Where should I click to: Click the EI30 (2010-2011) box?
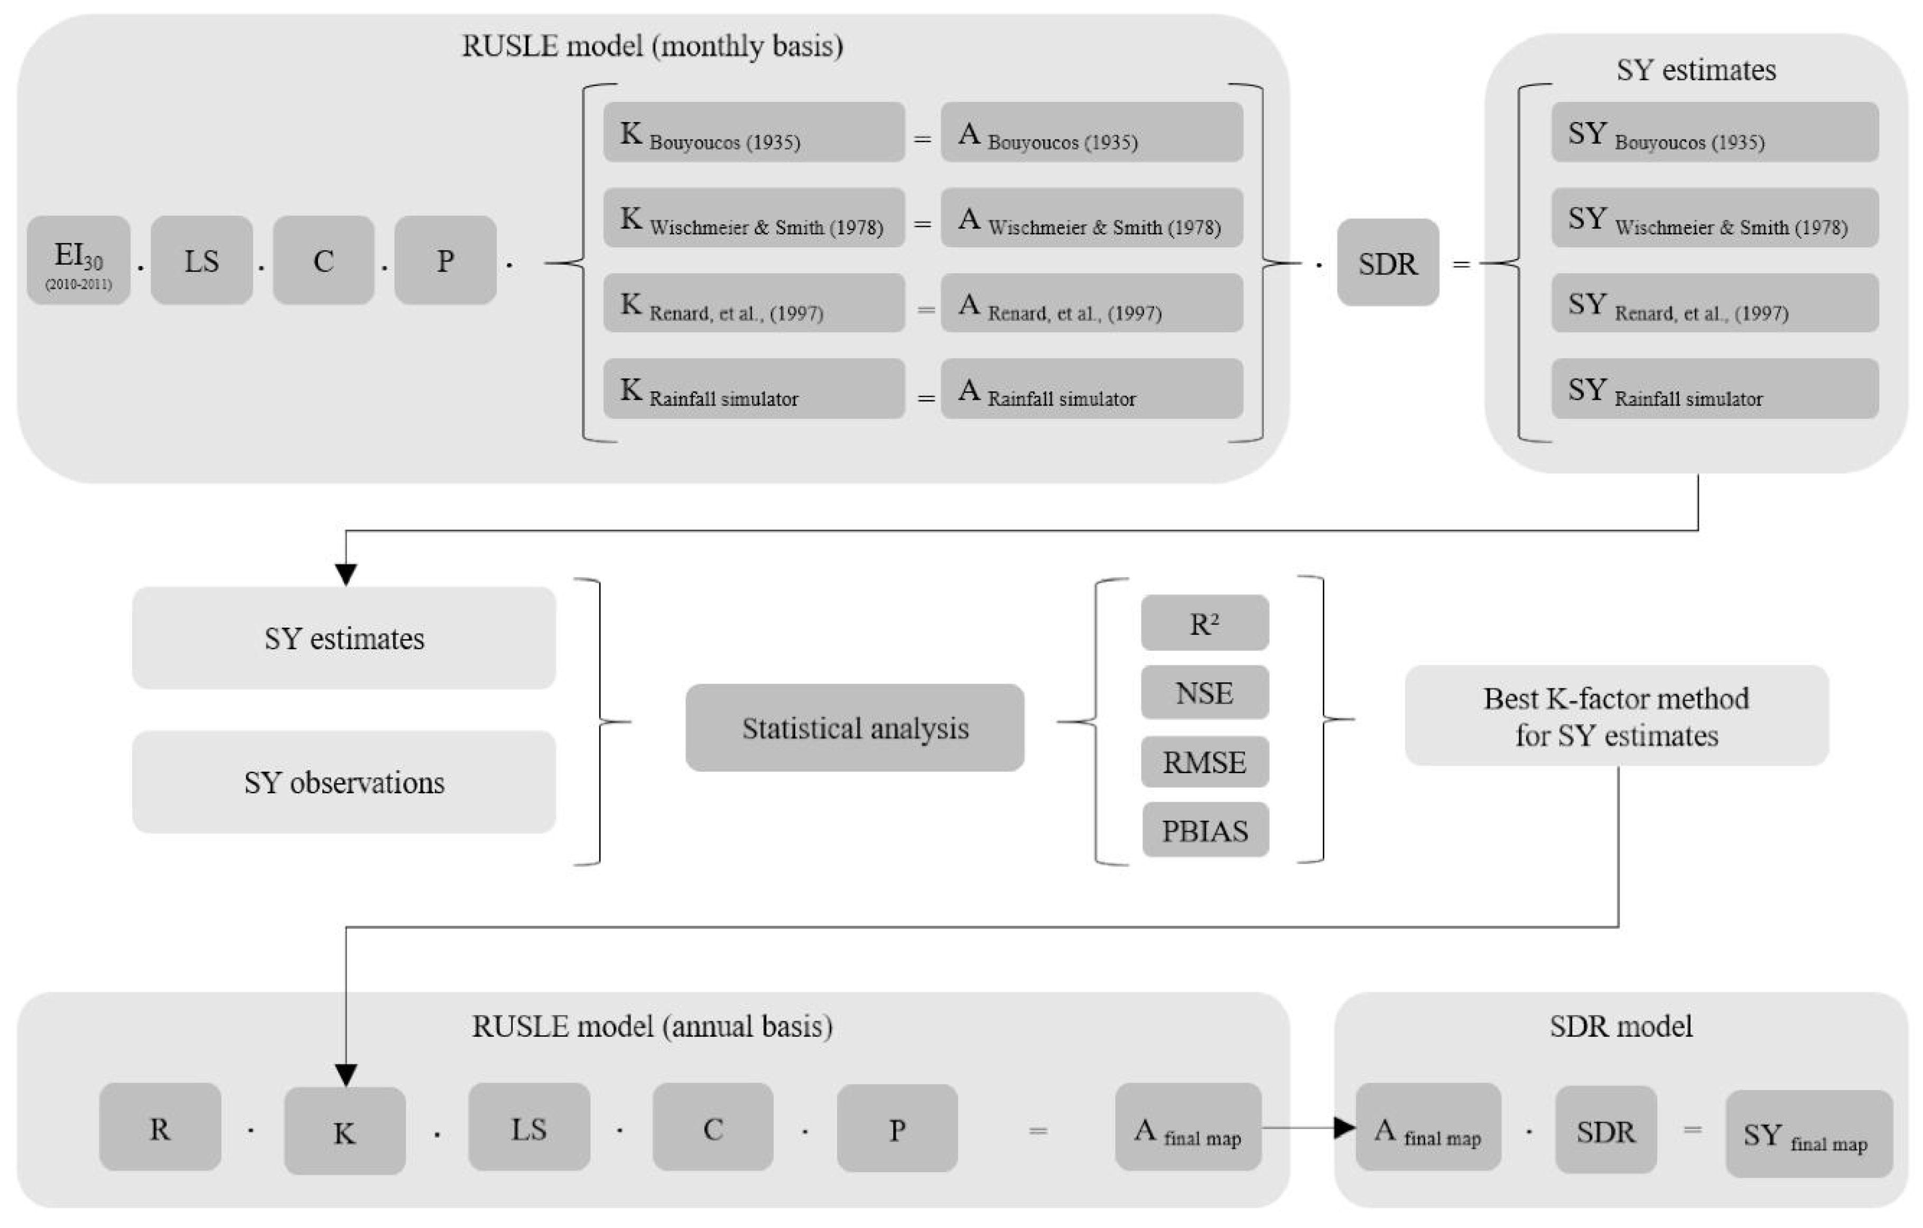[x=78, y=260]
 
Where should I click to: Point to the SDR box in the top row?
[x=1387, y=263]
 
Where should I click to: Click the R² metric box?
[x=1204, y=623]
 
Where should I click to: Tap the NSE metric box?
[x=1204, y=692]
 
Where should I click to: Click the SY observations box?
[x=343, y=782]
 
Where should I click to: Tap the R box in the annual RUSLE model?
[x=160, y=1128]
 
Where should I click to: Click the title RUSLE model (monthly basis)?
[x=653, y=45]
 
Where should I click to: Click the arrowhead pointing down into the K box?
[x=346, y=1075]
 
